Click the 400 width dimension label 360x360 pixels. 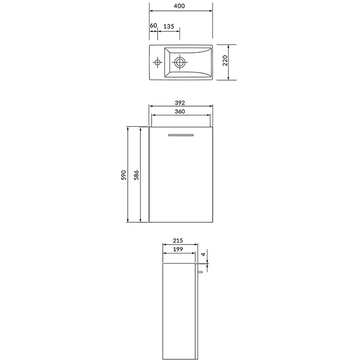pyautogui.click(x=179, y=6)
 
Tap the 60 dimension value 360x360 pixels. pyautogui.click(x=154, y=25)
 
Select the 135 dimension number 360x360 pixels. pyautogui.click(x=169, y=26)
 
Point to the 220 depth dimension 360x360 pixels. pyautogui.click(x=225, y=61)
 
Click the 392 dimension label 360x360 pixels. pyautogui.click(x=180, y=103)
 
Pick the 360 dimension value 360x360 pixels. pyautogui.click(x=180, y=112)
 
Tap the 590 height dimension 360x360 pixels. pyautogui.click(x=124, y=175)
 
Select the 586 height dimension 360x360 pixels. pyautogui.click(x=137, y=175)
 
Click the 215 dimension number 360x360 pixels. pyautogui.click(x=178, y=241)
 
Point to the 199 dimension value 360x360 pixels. pyautogui.click(x=178, y=249)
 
